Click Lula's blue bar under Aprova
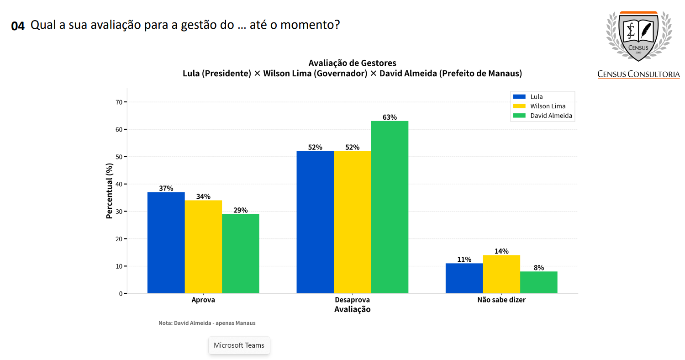pyautogui.click(x=166, y=243)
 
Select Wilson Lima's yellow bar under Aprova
pyautogui.click(x=203, y=247)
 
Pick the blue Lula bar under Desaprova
pyautogui.click(x=315, y=222)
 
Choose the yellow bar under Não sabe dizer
pyautogui.click(x=501, y=274)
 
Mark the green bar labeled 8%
pyautogui.click(x=539, y=282)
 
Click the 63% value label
pyautogui.click(x=390, y=117)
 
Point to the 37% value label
pyautogui.click(x=166, y=188)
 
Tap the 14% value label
pyautogui.click(x=501, y=251)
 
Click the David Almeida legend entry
pyautogui.click(x=551, y=116)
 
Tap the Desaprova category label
pyautogui.click(x=352, y=300)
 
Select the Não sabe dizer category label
pyautogui.click(x=501, y=300)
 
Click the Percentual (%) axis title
pyautogui.click(x=109, y=191)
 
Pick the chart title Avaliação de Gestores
pyautogui.click(x=352, y=63)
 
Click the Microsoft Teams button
pyautogui.click(x=239, y=345)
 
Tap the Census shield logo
pyautogui.click(x=638, y=37)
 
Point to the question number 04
pyautogui.click(x=18, y=26)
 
